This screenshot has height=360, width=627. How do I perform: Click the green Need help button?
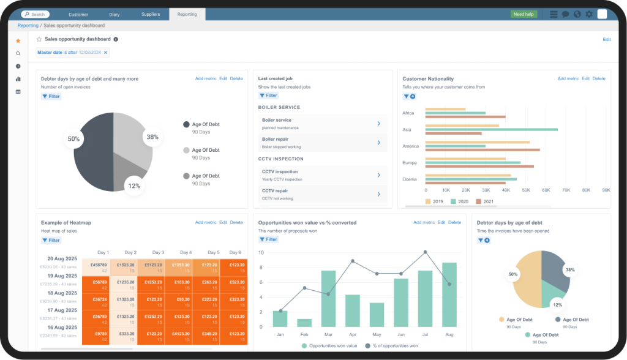[524, 14]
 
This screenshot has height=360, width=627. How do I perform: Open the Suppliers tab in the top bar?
[150, 14]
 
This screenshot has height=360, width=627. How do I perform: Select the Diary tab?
[115, 14]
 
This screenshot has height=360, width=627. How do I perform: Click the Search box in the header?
[36, 14]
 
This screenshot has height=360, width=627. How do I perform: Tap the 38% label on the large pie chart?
[152, 137]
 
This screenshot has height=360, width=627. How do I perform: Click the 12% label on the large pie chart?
[134, 186]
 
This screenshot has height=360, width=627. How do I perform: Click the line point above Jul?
[425, 252]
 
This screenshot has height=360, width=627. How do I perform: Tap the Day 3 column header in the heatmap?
[158, 252]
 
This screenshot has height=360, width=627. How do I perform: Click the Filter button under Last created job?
[268, 96]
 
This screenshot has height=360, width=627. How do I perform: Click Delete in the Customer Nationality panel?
[598, 78]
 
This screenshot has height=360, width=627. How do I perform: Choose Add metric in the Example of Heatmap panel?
[206, 222]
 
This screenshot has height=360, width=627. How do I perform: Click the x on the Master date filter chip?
[105, 53]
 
